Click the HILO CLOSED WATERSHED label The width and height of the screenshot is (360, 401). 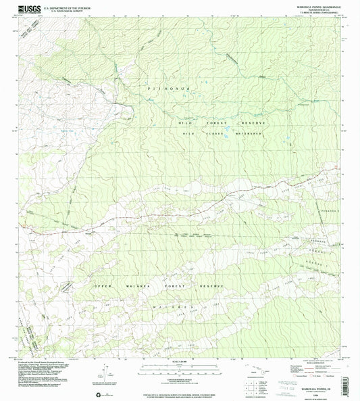click(x=221, y=134)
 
